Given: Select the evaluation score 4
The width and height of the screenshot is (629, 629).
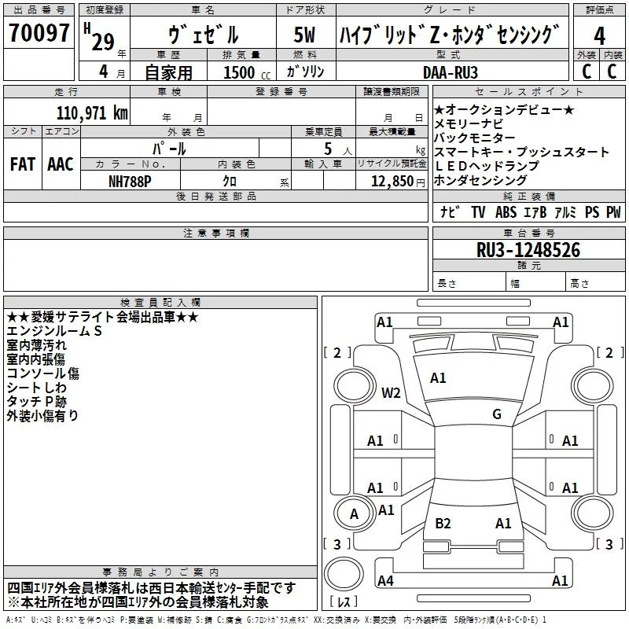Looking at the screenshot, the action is [600, 35].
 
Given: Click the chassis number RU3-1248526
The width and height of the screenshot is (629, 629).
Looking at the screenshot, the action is [528, 250].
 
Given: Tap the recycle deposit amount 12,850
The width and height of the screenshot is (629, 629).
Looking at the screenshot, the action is [390, 181].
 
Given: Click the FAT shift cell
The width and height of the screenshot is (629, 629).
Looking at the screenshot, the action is [22, 164].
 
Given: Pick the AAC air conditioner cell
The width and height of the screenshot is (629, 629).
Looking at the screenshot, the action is [60, 164].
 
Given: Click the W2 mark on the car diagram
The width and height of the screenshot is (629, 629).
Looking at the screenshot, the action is [391, 392].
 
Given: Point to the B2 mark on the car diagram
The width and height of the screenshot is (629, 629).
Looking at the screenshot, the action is [443, 523].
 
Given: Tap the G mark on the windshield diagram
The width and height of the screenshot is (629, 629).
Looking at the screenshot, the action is [496, 414].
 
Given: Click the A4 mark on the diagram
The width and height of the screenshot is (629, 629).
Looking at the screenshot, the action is [385, 581].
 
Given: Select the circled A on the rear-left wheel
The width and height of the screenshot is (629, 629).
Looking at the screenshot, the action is [354, 514].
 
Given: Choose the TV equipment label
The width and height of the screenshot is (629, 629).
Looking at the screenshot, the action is [478, 212].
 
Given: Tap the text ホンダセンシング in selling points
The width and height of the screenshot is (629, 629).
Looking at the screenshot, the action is [480, 180].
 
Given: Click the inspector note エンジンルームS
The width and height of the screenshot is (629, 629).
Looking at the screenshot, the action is [55, 331].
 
